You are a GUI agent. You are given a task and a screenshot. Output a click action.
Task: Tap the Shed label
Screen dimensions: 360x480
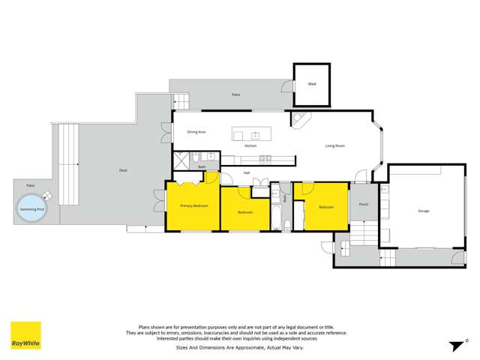pyautogui.click(x=312, y=85)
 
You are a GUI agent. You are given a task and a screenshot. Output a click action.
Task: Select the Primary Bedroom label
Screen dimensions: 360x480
pyautogui.click(x=193, y=205)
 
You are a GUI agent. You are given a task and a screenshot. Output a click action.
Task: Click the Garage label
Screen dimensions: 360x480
pyautogui.click(x=424, y=211)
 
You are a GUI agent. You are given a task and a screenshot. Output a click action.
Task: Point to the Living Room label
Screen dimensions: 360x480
pyautogui.click(x=334, y=145)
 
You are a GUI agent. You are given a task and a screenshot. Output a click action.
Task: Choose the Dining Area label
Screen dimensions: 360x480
pyautogui.click(x=196, y=132)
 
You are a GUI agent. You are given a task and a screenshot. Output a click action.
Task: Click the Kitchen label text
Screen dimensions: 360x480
pyautogui.click(x=250, y=145)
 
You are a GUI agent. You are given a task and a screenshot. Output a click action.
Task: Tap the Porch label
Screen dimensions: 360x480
pyautogui.click(x=364, y=204)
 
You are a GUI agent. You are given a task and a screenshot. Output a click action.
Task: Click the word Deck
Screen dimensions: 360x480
pyautogui.click(x=123, y=170)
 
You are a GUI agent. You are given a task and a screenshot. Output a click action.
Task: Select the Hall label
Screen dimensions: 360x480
pyautogui.click(x=246, y=173)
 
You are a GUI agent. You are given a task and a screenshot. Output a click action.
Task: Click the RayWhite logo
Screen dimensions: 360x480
pyautogui.click(x=25, y=336)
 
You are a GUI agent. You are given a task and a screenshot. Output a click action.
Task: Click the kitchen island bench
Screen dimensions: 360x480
pyautogui.click(x=256, y=135)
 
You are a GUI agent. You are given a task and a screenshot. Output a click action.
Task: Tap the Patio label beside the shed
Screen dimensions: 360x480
pyautogui.click(x=235, y=94)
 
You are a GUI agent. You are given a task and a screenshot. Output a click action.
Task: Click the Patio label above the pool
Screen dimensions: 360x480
pyautogui.click(x=31, y=184)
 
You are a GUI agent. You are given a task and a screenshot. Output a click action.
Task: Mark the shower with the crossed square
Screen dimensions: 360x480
pyautogui.click(x=182, y=159)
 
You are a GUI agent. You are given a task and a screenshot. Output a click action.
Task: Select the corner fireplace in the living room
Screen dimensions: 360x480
pyautogui.click(x=299, y=120)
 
